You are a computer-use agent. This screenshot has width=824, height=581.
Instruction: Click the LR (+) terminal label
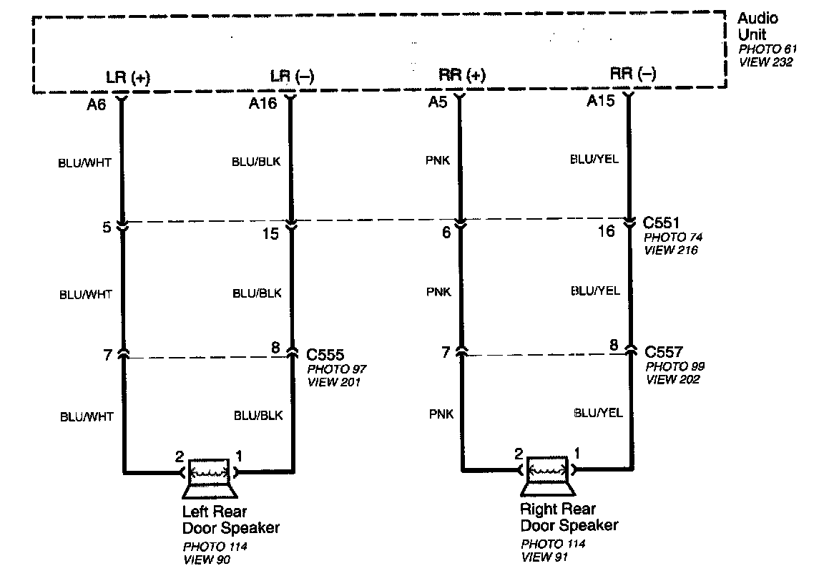(127, 77)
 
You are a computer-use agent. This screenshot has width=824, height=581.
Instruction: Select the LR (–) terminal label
(292, 76)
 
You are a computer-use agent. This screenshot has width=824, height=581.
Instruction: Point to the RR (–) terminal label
(633, 73)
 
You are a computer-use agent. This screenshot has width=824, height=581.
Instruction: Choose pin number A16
(262, 104)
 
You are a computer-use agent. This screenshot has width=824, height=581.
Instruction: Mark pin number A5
(438, 102)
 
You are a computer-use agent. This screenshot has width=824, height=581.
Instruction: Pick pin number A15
(601, 102)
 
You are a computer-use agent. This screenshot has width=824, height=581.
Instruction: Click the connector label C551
(663, 223)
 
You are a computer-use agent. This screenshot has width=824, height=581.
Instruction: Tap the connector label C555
(325, 354)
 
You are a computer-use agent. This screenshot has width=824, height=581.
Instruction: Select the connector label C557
(664, 352)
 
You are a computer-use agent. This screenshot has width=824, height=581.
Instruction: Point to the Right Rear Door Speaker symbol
(548, 474)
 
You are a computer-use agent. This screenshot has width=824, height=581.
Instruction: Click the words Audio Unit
(757, 26)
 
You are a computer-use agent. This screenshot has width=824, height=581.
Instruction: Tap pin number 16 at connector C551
(606, 231)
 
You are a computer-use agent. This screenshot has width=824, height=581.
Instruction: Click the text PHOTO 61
(767, 49)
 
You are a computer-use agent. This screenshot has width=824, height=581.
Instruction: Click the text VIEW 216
(671, 250)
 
